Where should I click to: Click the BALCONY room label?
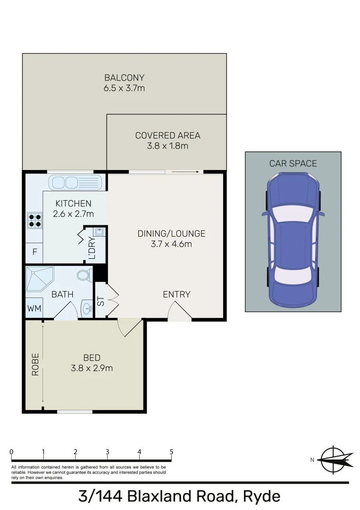tap(124, 77)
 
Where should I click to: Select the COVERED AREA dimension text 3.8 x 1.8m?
tap(167, 146)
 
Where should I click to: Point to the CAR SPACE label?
tap(293, 163)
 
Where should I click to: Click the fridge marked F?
tap(34, 252)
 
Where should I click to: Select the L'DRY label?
tap(92, 247)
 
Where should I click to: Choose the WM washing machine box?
tap(34, 308)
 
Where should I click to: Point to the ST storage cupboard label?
tap(100, 301)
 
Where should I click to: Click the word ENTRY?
tap(176, 294)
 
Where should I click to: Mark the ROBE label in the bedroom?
tap(34, 365)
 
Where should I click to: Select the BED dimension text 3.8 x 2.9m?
tap(92, 368)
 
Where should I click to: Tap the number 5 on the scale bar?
tap(171, 451)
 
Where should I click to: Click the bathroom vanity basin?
tap(87, 309)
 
